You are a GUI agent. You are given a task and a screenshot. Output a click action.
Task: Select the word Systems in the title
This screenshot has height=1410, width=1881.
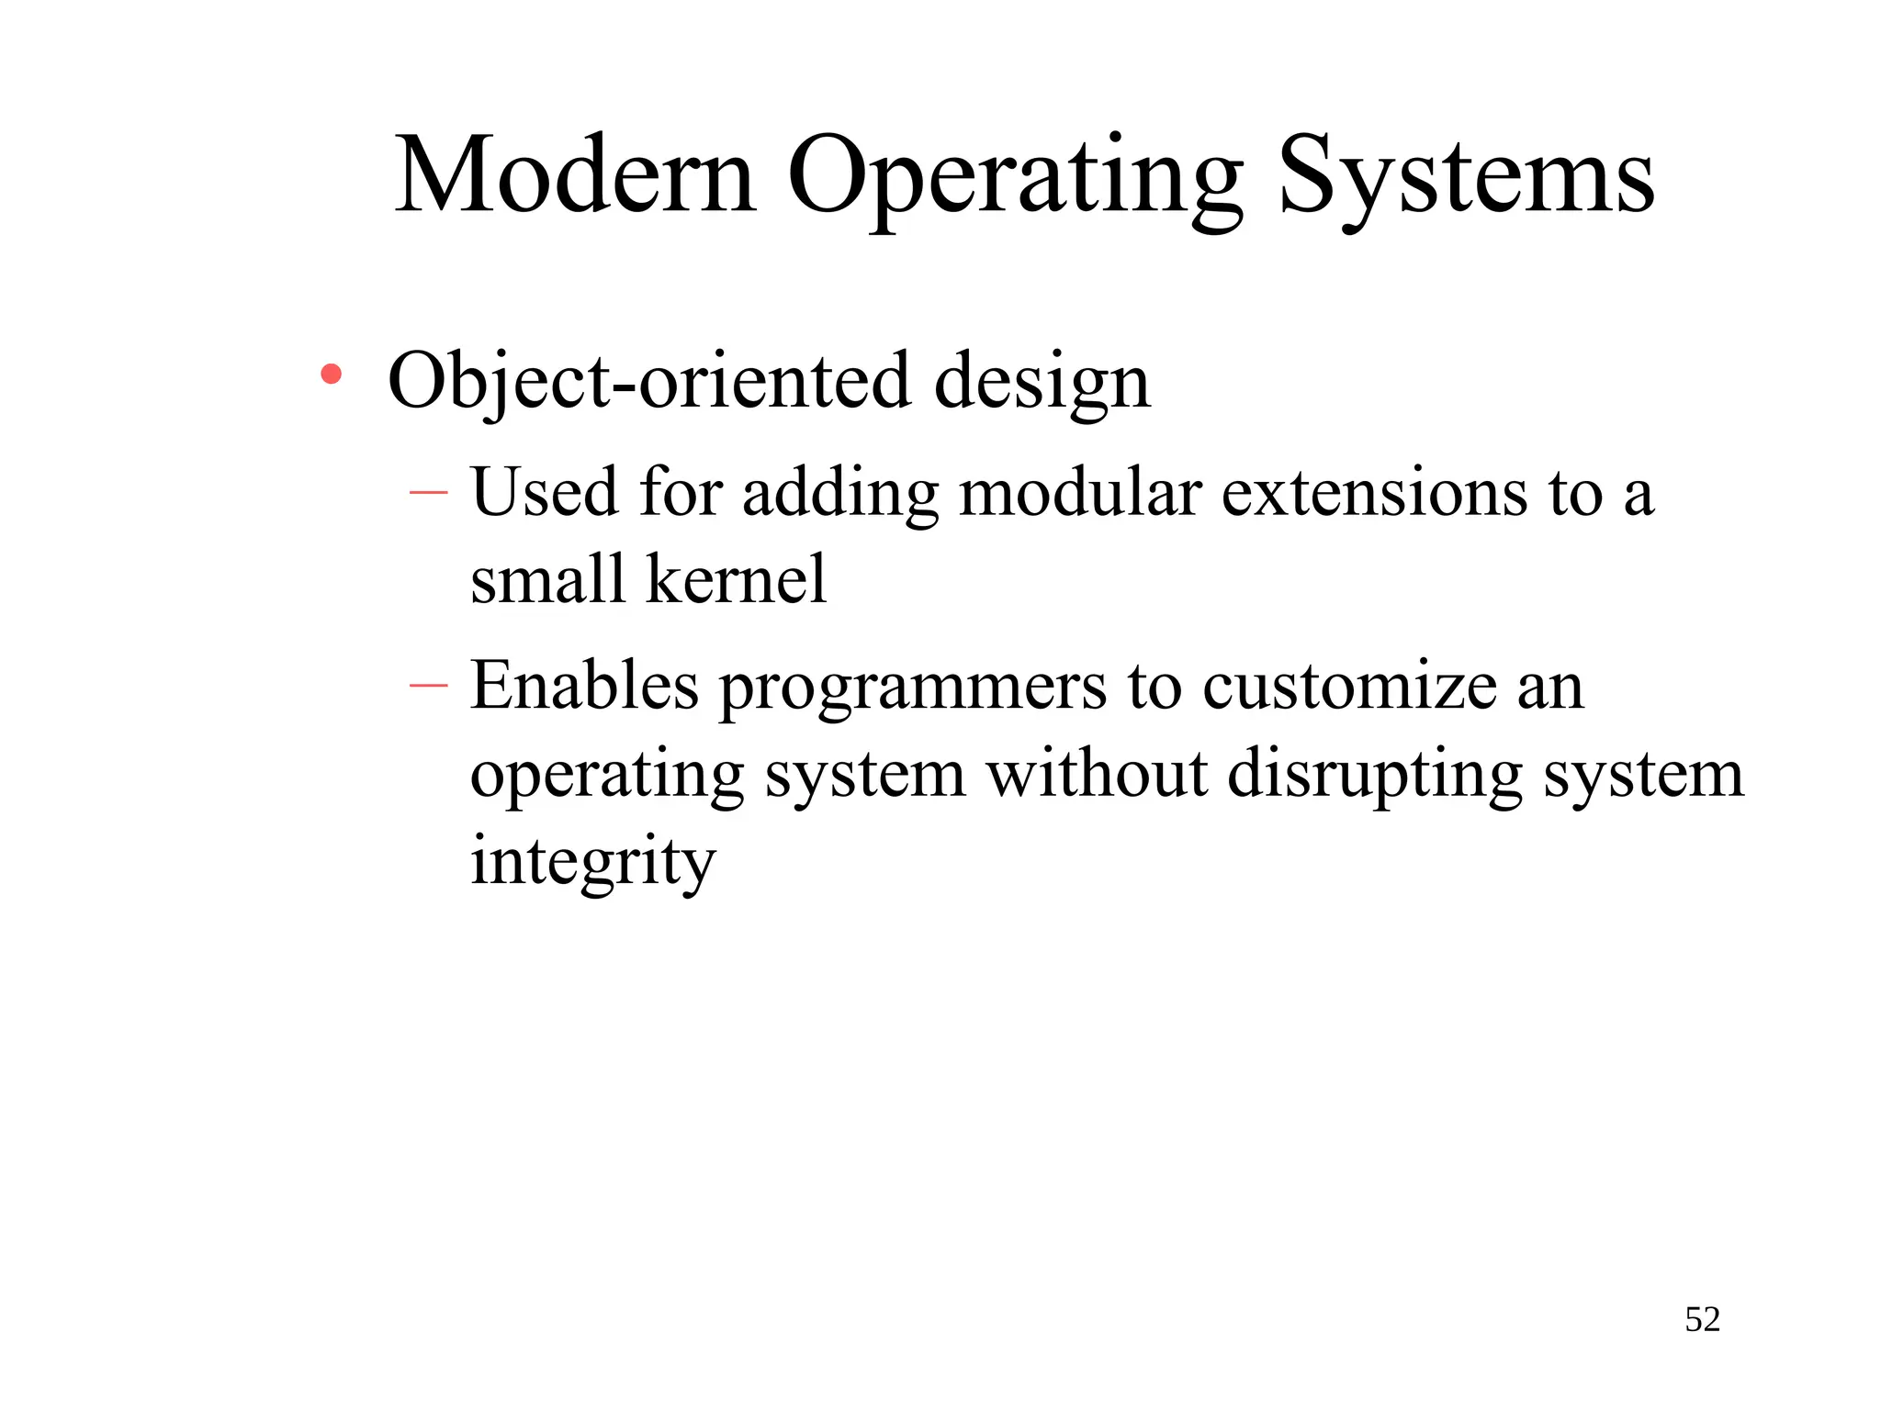[1466, 176]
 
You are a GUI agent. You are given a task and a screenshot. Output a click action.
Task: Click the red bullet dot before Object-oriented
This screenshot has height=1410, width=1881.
[332, 374]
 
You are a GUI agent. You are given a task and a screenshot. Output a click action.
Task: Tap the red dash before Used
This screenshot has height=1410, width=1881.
[428, 493]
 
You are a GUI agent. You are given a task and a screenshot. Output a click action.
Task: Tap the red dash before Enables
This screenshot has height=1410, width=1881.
[428, 685]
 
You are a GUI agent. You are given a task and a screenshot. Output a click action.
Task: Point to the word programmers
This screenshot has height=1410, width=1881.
[913, 688]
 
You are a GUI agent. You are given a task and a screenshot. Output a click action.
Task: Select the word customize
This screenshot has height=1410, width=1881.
[1349, 687]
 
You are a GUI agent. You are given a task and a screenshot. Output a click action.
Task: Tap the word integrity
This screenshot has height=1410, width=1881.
[592, 863]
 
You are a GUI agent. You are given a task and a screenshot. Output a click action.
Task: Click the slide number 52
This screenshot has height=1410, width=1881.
[1702, 1319]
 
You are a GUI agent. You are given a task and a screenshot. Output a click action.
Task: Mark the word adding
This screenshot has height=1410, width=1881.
[840, 494]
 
